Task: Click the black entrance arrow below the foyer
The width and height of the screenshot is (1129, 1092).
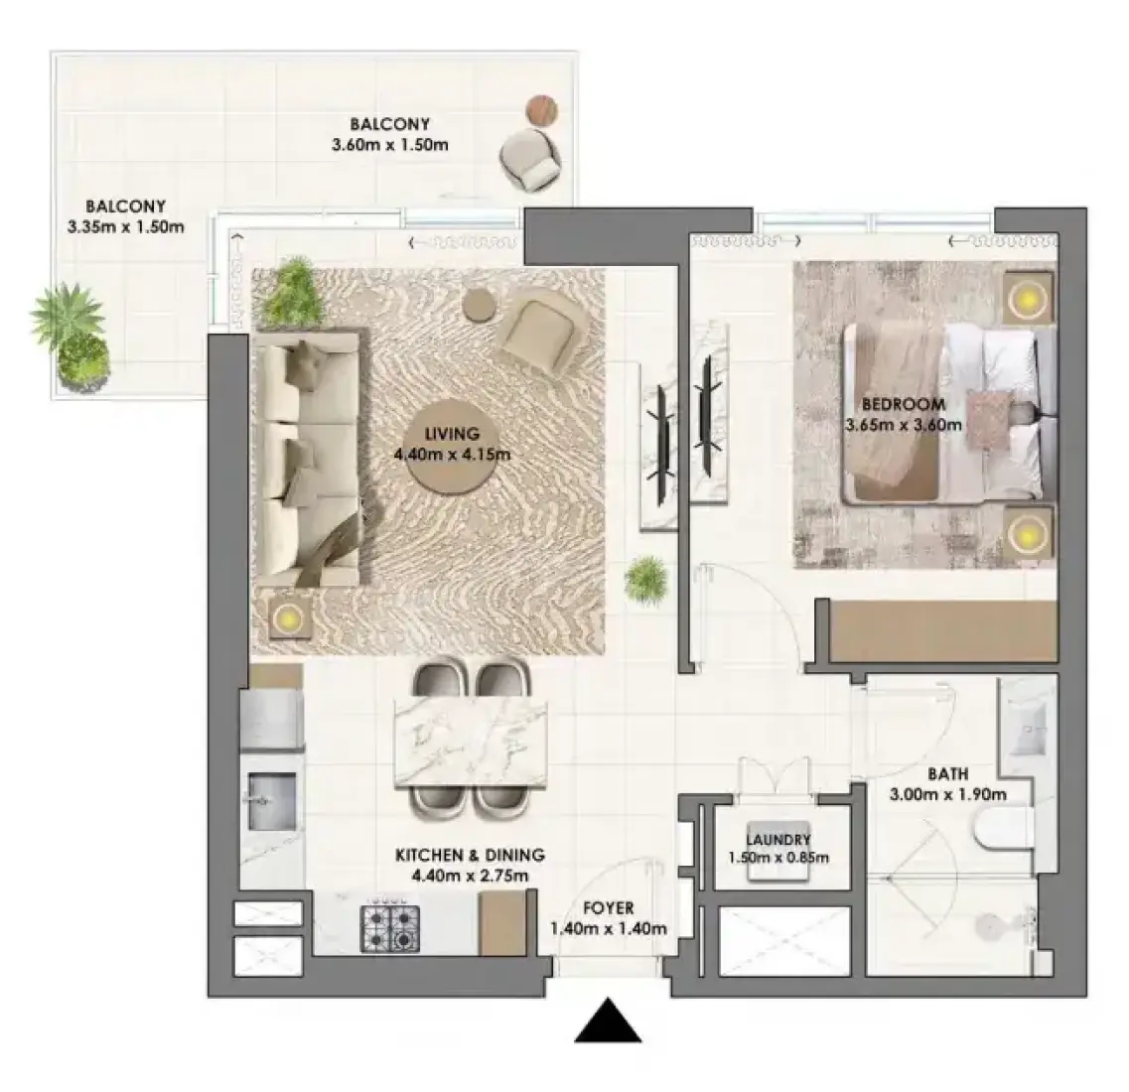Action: [608, 1021]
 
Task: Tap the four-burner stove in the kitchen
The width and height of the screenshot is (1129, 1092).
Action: [390, 928]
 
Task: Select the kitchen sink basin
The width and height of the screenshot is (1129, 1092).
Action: [272, 801]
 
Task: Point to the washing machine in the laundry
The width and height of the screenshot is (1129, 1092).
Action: [777, 851]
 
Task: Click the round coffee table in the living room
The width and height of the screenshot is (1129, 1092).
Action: [451, 447]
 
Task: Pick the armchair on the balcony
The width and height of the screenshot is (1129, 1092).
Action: [530, 160]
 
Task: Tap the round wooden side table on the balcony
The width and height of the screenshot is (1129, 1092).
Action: [541, 111]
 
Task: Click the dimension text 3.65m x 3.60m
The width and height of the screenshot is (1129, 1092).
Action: [904, 425]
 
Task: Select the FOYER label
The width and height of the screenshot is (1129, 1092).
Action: [609, 908]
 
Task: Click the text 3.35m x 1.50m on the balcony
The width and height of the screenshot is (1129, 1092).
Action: [126, 227]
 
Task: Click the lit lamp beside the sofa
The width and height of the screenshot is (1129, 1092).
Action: [290, 616]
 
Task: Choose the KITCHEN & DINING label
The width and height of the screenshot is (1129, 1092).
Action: [471, 855]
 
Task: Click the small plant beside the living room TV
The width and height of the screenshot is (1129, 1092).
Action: [645, 579]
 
